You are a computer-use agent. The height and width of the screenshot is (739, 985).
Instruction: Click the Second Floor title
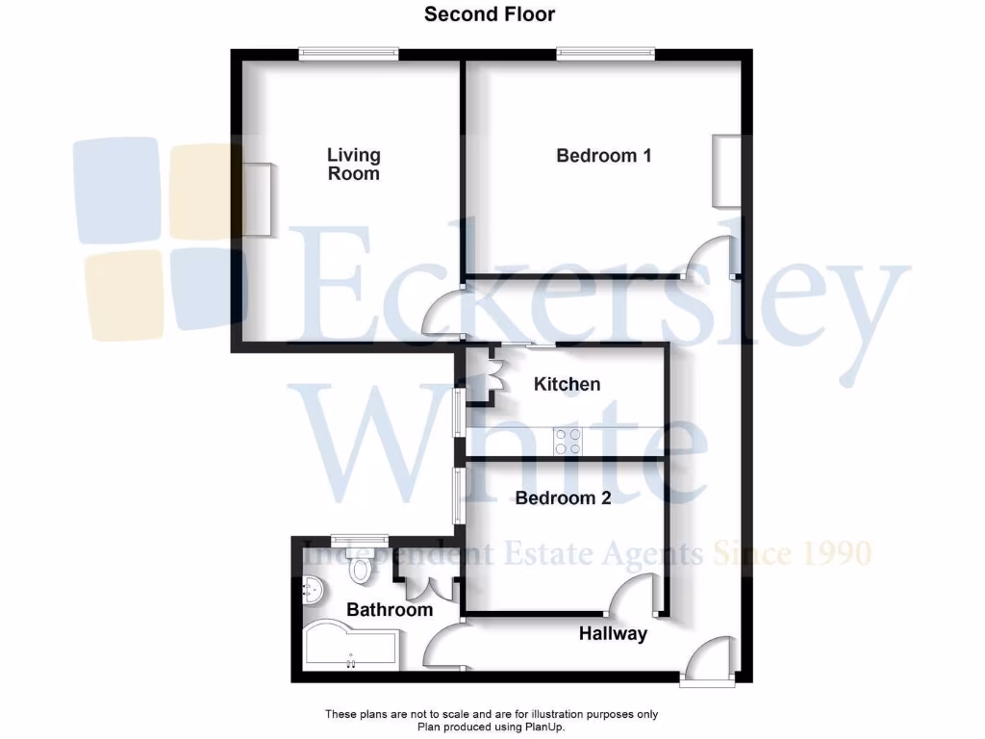tap(490, 14)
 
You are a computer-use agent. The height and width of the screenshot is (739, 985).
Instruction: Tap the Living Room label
tap(354, 165)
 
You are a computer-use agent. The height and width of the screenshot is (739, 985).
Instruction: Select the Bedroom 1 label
tap(604, 155)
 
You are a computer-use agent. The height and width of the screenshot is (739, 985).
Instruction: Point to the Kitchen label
tap(568, 385)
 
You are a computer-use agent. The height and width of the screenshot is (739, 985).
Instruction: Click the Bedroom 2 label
tap(563, 498)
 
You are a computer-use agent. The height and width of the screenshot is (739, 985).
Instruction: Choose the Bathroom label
tap(390, 610)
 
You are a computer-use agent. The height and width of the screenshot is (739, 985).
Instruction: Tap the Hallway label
tap(613, 634)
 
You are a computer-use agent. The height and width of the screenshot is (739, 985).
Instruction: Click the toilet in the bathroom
tap(361, 570)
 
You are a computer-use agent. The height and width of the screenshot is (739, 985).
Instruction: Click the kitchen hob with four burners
tap(568, 441)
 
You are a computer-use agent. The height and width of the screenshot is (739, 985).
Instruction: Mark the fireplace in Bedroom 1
tap(725, 170)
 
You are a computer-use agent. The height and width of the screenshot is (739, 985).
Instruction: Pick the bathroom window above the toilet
tap(360, 539)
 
